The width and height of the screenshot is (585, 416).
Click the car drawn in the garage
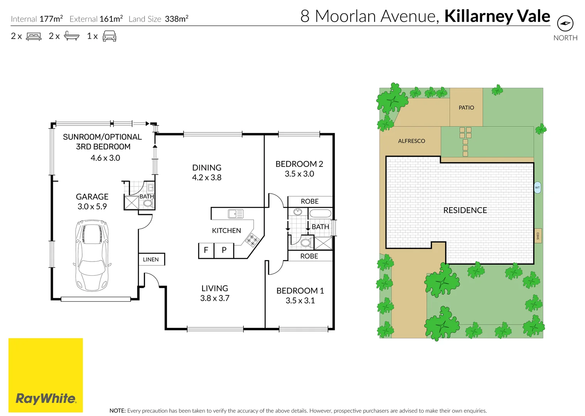tap(92, 255)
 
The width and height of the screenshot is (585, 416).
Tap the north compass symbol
tap(565, 23)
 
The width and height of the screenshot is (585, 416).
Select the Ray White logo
tap(46, 398)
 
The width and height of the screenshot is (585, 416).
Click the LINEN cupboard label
tap(151, 260)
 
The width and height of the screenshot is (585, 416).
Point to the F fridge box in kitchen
tap(206, 250)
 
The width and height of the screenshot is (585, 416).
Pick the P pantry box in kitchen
tap(224, 250)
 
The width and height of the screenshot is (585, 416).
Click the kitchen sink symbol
tap(236, 214)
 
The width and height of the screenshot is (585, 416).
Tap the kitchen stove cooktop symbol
tap(252, 240)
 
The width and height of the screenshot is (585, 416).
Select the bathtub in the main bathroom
tap(320, 213)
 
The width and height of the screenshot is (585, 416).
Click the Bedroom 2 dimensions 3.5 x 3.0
tap(299, 174)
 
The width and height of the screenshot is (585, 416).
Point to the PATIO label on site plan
tap(466, 108)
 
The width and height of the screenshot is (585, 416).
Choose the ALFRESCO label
tap(411, 141)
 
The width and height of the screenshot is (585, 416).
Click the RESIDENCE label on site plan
tap(465, 210)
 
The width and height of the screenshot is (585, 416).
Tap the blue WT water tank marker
tap(537, 188)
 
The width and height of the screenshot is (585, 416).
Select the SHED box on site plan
tap(538, 236)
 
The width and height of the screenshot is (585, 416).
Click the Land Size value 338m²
tap(176, 19)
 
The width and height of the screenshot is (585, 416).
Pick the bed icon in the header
tap(34, 37)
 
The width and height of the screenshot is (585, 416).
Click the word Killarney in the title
tap(478, 16)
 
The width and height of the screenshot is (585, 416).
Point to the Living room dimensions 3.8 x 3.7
tap(215, 298)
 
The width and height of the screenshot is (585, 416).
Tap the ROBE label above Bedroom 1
tap(309, 256)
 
